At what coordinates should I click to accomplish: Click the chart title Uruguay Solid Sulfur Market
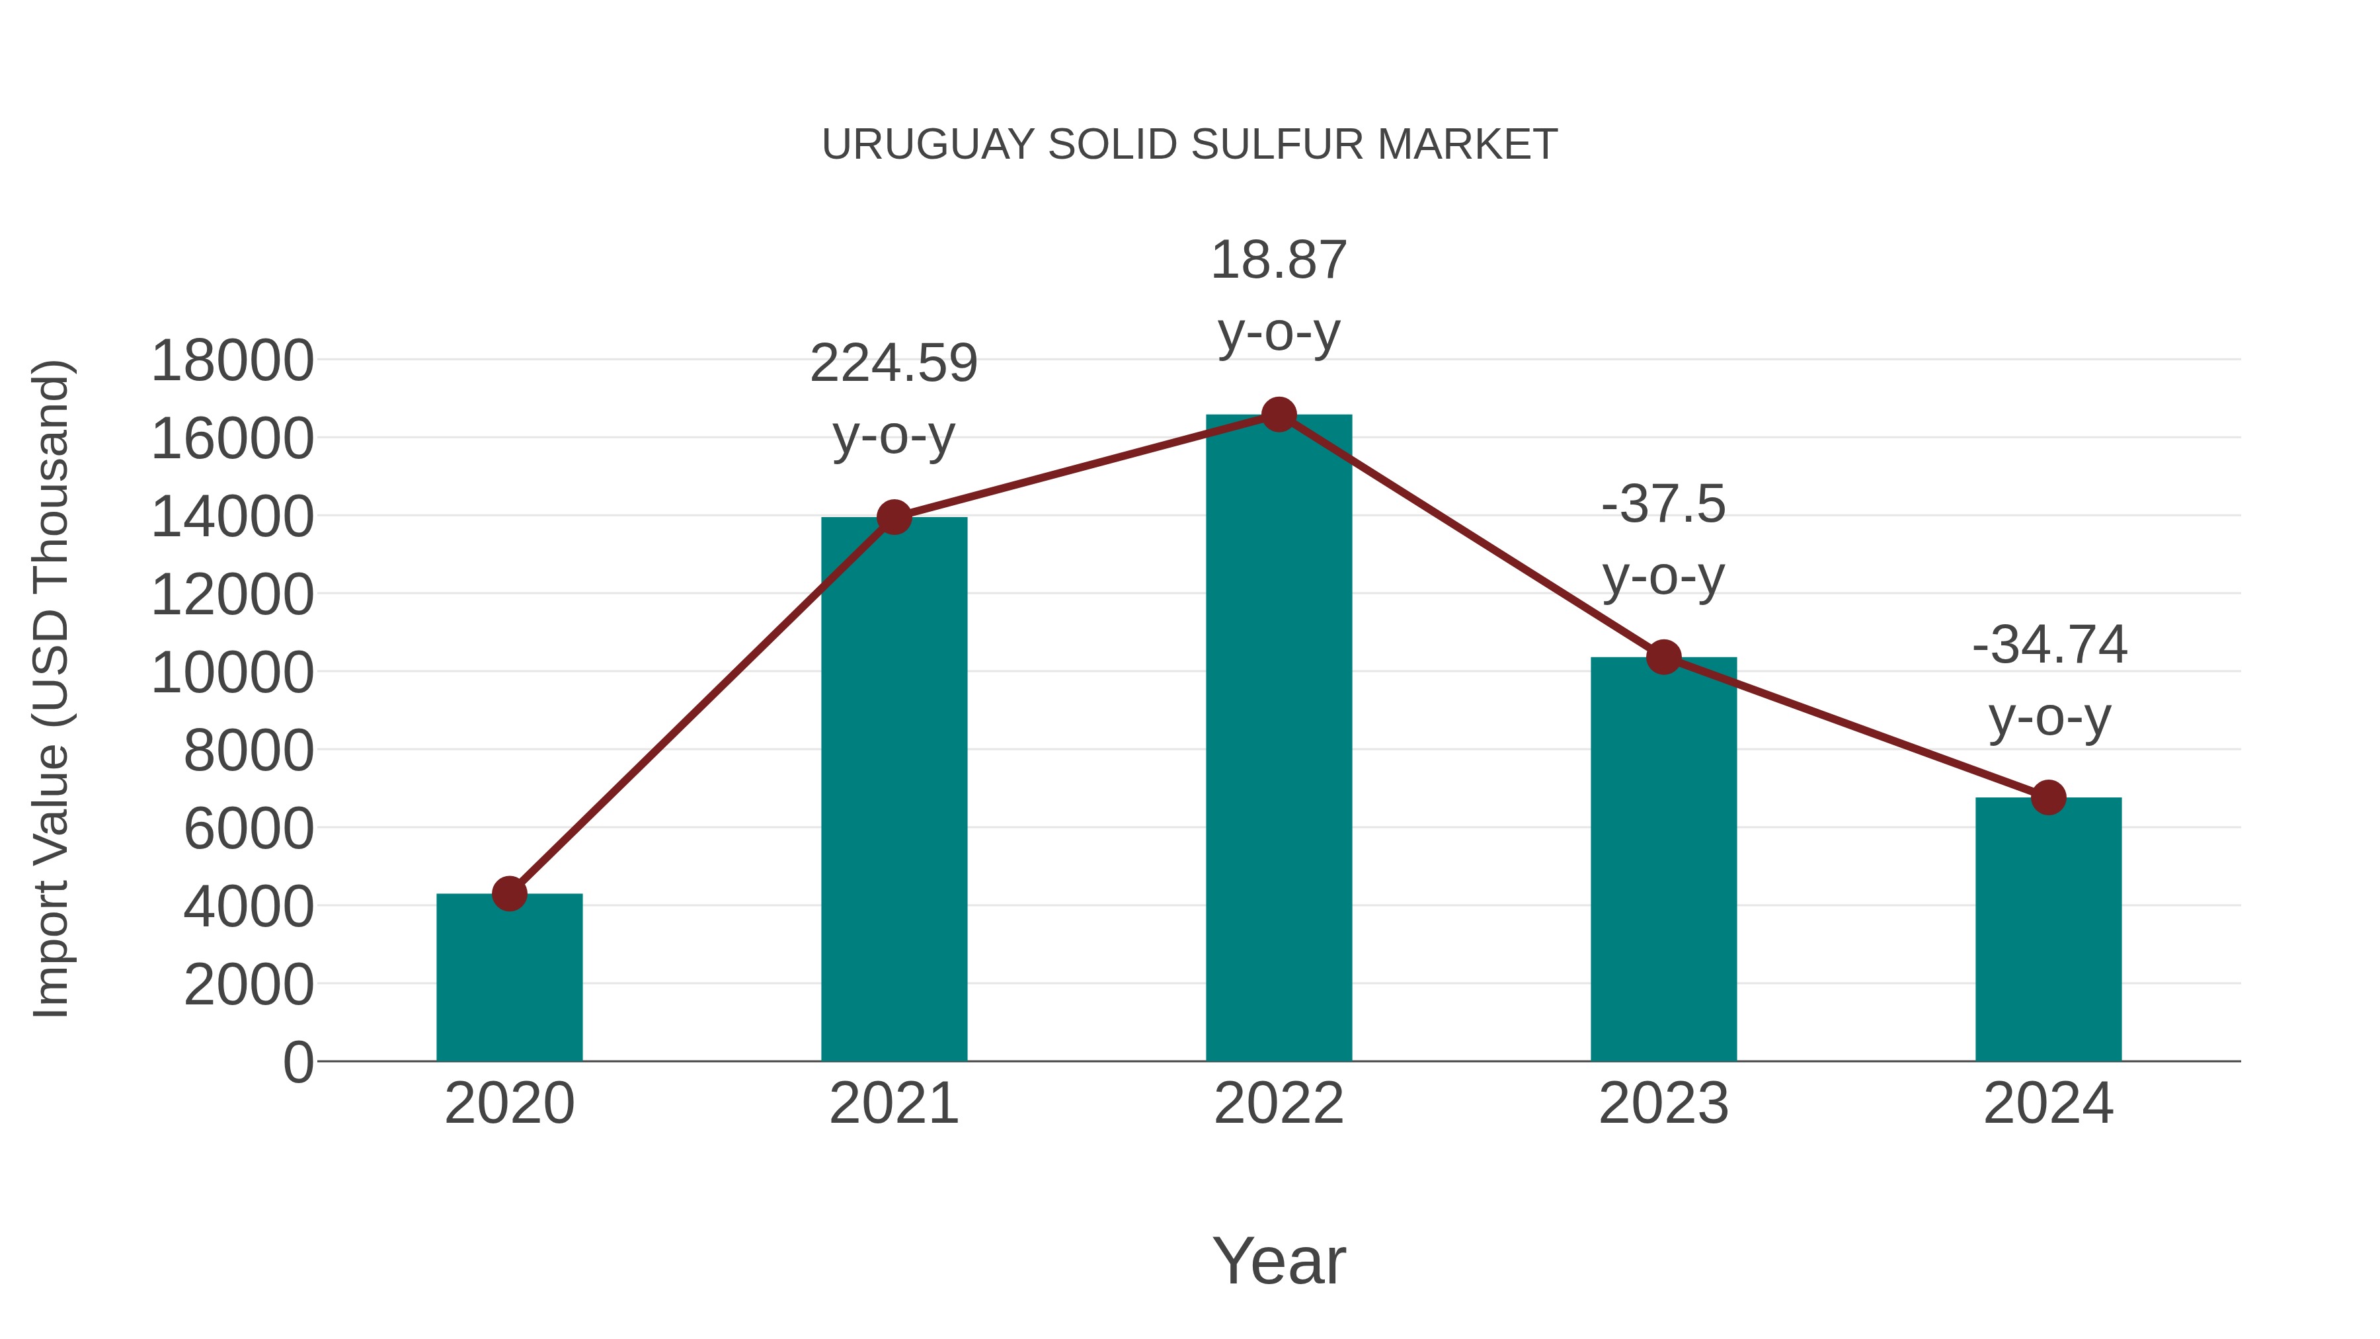(1189, 145)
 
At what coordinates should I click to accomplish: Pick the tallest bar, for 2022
(1279, 739)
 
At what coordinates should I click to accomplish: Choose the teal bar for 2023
(1663, 860)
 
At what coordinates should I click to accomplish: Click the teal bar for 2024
(2048, 929)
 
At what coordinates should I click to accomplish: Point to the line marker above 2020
(509, 893)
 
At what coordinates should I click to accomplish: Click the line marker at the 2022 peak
(1279, 415)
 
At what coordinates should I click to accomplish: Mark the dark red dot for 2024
(2048, 797)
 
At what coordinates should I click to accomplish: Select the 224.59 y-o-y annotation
(893, 399)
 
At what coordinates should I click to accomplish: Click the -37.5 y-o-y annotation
(1663, 541)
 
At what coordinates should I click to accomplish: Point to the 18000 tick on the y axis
(232, 360)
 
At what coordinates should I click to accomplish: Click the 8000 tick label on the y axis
(249, 751)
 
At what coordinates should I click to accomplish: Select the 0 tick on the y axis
(298, 1062)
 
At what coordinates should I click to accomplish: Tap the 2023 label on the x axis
(1663, 1104)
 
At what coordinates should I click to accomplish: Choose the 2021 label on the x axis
(893, 1104)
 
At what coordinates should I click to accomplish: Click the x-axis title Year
(1279, 1260)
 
